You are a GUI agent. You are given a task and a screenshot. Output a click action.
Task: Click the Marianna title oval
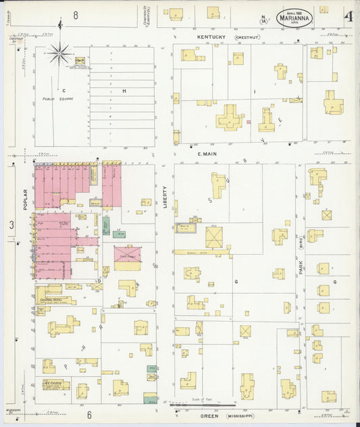(294, 18)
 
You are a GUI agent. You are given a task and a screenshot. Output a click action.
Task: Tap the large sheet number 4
(346, 16)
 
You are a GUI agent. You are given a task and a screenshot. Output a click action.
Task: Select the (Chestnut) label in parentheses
(245, 38)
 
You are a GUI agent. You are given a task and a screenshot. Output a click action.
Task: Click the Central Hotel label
(52, 299)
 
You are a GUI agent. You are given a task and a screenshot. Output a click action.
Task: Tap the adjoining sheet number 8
(76, 15)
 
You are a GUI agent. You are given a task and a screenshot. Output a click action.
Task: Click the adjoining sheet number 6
(88, 414)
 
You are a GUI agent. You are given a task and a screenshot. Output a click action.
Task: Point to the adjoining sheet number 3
(11, 224)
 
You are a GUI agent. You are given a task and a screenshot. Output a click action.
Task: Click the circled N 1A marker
(263, 19)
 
